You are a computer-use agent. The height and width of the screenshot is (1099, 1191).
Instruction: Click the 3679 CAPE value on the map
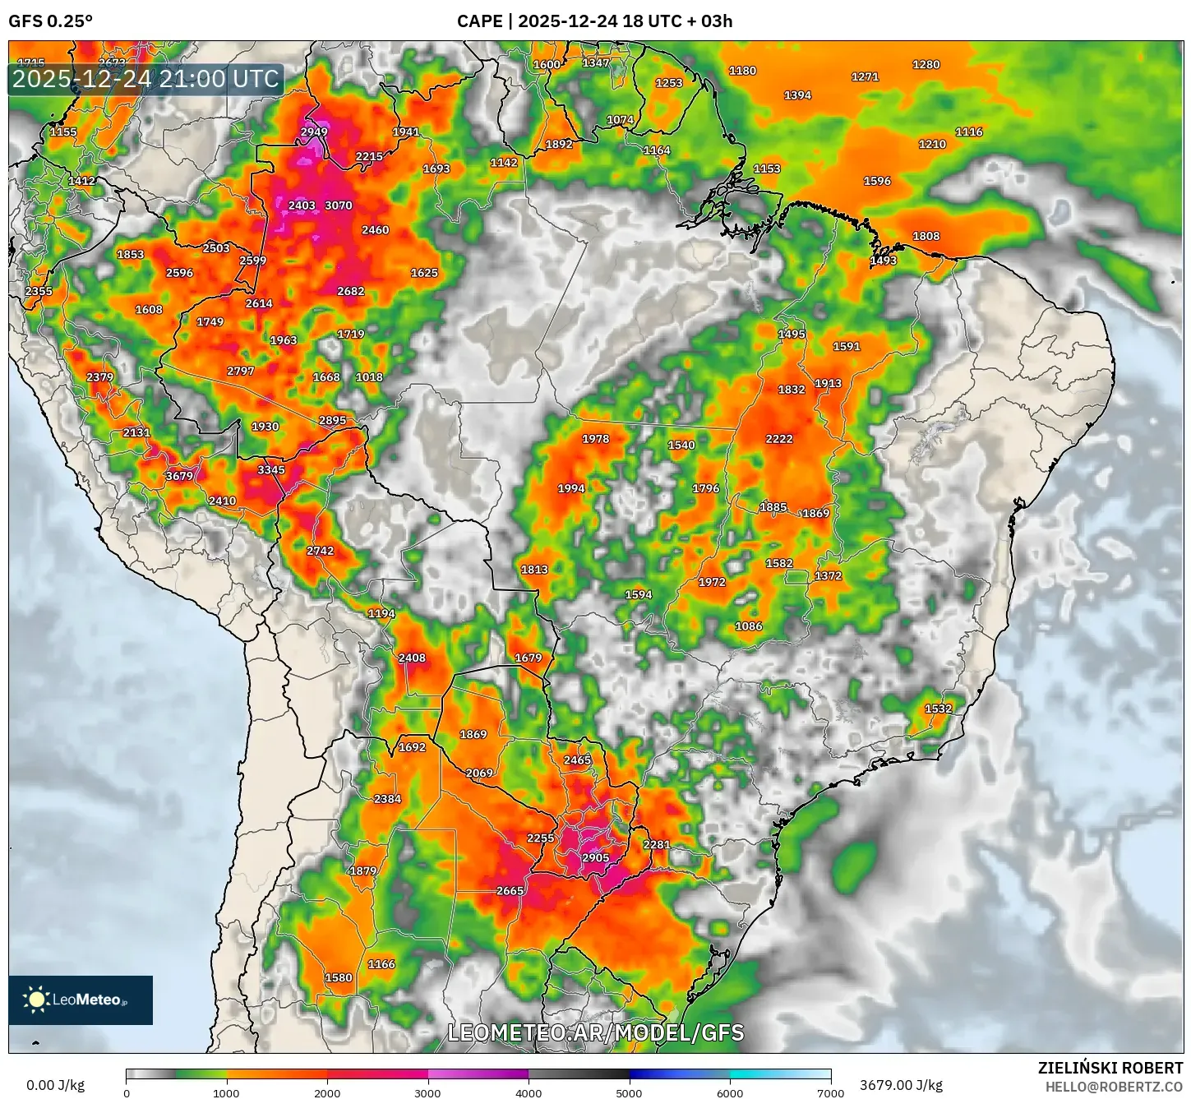[179, 476]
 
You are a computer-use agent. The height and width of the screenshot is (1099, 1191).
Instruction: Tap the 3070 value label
[338, 205]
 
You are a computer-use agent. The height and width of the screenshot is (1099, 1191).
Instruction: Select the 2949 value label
[314, 132]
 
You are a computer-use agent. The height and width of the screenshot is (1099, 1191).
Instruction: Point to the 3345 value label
[271, 470]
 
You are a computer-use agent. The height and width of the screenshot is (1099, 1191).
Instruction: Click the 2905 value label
[595, 858]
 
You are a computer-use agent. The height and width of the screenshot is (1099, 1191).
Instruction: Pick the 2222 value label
[779, 439]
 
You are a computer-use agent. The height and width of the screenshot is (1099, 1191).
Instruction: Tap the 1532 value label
[938, 709]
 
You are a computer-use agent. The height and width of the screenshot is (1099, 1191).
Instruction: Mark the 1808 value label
[926, 236]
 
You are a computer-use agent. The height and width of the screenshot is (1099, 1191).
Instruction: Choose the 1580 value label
[339, 978]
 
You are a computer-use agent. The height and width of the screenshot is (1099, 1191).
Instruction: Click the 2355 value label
[39, 291]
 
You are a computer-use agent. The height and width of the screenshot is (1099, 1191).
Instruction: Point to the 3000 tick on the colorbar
[428, 1093]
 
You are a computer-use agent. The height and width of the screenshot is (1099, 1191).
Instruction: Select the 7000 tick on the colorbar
[830, 1093]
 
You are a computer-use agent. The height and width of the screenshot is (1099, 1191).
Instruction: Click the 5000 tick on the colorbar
[629, 1093]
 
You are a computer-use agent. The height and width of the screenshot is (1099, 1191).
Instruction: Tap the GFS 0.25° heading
[51, 21]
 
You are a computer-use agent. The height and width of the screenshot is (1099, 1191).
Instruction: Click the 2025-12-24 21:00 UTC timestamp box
[145, 79]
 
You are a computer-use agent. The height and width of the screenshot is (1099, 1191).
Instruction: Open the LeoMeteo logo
[81, 1000]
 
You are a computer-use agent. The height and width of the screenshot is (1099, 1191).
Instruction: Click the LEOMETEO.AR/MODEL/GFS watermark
[595, 1032]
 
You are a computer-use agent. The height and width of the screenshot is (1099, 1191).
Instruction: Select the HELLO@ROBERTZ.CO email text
[1114, 1087]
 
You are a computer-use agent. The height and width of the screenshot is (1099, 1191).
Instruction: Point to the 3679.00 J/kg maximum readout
[901, 1085]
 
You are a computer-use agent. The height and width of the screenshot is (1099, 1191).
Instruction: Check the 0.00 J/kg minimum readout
[55, 1085]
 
